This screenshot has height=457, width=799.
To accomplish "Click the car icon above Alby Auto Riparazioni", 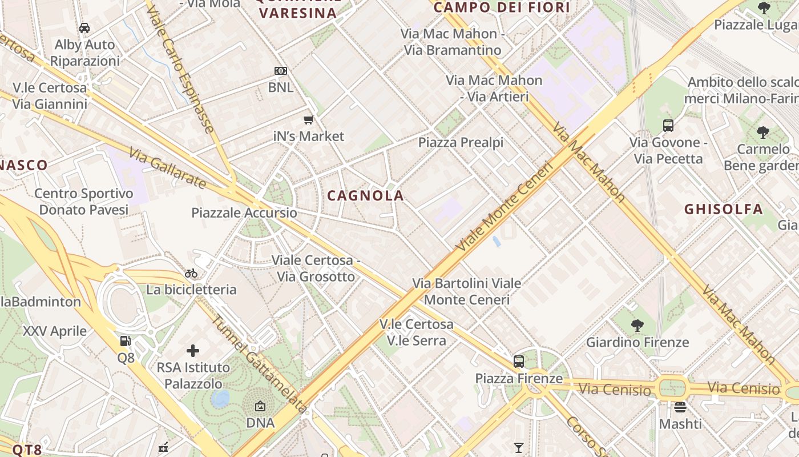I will [84, 27].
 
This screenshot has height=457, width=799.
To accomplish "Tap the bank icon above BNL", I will [280, 71].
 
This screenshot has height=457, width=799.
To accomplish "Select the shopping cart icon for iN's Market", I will [309, 119].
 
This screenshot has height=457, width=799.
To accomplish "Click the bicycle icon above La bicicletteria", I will [191, 273].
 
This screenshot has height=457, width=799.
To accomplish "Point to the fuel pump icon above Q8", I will [125, 342].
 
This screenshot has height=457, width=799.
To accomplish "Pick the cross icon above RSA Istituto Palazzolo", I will [193, 350].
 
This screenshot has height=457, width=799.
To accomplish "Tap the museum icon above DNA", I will [260, 406].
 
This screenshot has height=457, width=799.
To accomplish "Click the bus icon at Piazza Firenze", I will [519, 361].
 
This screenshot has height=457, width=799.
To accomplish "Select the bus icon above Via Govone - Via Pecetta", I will [668, 126].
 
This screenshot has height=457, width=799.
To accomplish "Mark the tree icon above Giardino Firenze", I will [637, 326].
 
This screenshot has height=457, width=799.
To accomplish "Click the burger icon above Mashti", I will [680, 407].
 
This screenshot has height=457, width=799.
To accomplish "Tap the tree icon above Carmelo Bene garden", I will [763, 133].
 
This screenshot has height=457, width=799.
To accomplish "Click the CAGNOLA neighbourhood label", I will [365, 196].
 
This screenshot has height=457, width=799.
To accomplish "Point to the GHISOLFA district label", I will [724, 209].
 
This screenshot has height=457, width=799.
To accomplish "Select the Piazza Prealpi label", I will [461, 142].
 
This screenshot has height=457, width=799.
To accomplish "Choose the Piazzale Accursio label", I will [244, 213].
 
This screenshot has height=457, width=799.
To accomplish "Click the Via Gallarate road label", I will [167, 168].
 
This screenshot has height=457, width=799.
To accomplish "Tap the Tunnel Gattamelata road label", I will [260, 364].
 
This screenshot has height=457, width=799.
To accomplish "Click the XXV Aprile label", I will [55, 331].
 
